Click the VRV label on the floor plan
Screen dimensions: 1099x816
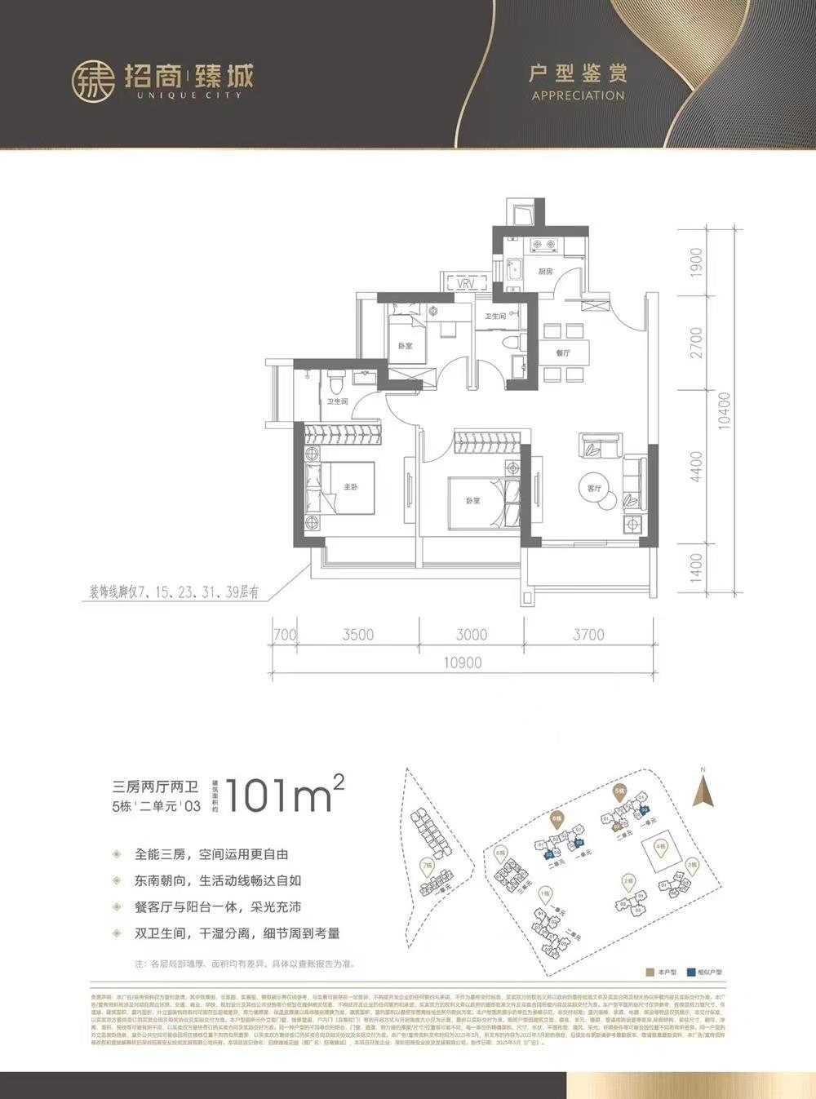(x=466, y=283)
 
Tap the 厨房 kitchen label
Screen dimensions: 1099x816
(x=545, y=271)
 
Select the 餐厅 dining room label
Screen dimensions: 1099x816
(x=562, y=353)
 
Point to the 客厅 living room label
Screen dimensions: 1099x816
(x=594, y=488)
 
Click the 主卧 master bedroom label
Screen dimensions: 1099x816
(x=350, y=486)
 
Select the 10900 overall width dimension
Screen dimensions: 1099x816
(x=463, y=663)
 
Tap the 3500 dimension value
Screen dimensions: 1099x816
(x=357, y=635)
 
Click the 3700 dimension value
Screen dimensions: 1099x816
(x=588, y=635)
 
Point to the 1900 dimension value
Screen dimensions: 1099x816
(x=696, y=264)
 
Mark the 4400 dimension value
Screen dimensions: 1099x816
(x=696, y=467)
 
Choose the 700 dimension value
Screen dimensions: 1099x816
(x=285, y=635)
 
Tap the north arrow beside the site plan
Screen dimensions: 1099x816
(x=702, y=789)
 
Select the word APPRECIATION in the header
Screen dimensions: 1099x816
(x=577, y=95)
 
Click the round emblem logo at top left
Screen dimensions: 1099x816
(x=92, y=80)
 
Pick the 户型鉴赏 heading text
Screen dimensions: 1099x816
(x=577, y=74)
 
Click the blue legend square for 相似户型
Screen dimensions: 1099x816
(x=691, y=973)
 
